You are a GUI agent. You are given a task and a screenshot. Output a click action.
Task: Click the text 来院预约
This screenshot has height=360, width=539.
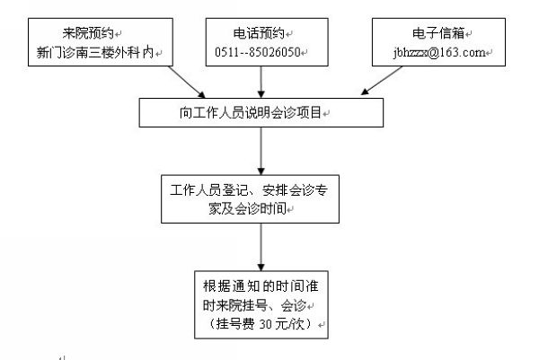[88, 33]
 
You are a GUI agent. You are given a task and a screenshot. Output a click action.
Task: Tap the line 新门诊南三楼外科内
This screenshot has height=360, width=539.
[95, 53]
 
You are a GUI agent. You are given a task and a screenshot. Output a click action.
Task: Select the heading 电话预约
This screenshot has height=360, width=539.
[260, 33]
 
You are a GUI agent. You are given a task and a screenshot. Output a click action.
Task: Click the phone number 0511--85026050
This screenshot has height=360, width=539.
[258, 52]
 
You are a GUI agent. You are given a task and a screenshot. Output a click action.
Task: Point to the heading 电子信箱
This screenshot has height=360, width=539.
[438, 33]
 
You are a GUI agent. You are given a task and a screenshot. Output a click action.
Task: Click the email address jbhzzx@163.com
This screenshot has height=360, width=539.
[439, 53]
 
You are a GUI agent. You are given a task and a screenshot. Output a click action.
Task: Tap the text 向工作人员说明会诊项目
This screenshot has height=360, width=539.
[251, 112]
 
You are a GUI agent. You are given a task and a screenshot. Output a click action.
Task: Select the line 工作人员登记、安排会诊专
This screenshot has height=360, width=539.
[249, 190]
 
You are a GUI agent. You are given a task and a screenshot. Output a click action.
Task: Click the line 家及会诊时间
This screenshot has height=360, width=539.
[248, 208]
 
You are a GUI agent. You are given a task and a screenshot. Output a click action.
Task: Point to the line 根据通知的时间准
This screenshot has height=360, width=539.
[261, 286]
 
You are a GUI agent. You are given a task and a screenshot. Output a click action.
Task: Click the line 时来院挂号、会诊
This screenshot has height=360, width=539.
[254, 305]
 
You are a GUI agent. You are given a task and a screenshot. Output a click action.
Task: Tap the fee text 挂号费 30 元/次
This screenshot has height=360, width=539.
[261, 324]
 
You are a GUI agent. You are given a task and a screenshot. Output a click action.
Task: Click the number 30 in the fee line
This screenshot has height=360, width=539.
[266, 324]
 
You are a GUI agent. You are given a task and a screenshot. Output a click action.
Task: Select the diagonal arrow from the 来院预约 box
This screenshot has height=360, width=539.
[187, 82]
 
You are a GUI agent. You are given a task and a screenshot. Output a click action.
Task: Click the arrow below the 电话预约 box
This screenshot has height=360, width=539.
[261, 82]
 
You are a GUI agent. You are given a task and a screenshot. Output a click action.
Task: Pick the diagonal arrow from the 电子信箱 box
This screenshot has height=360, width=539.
[381, 81]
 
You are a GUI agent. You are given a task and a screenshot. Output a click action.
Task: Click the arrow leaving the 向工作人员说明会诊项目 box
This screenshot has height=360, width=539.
[261, 151]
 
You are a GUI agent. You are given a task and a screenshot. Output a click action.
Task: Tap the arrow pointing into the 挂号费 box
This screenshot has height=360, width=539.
[261, 247]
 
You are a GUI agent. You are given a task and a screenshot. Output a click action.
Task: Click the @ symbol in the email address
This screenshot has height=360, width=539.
[434, 53]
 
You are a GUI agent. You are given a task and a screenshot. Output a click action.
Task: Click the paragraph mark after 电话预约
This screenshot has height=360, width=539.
[289, 34]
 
